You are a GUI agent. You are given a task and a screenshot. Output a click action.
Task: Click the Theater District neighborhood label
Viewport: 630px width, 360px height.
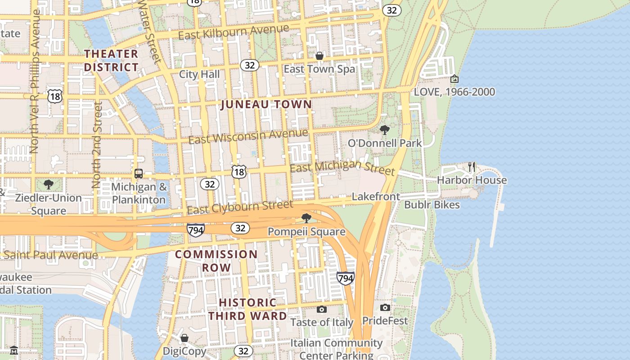[111, 60]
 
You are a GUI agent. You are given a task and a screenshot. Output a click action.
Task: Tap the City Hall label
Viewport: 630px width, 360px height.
[199, 74]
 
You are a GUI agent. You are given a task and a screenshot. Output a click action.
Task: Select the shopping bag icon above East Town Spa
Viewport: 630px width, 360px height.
[319, 56]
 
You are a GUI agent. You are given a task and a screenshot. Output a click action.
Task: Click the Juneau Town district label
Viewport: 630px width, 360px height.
[266, 104]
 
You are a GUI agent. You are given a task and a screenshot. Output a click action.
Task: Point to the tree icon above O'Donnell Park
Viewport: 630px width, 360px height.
[385, 130]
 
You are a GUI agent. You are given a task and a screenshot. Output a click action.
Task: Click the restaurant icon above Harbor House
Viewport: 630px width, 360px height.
[472, 167]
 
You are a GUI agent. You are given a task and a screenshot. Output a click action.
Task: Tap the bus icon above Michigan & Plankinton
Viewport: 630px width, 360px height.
[139, 174]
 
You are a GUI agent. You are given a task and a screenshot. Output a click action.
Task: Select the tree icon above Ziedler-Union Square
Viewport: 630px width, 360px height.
[48, 184]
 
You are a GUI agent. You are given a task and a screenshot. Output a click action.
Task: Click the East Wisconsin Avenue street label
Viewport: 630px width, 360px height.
[248, 136]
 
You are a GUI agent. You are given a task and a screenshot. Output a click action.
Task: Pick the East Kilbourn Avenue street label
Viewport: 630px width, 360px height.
[234, 32]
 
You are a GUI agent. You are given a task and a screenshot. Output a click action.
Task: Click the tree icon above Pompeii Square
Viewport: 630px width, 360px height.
[306, 218]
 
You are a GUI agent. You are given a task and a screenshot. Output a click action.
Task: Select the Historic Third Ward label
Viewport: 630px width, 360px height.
[247, 309]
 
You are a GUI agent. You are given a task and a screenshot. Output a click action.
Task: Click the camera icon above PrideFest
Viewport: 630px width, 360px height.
[385, 307]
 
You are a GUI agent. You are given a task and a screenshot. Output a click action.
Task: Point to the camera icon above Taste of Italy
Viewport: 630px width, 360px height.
[321, 309]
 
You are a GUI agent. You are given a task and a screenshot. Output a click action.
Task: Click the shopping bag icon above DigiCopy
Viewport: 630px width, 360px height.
[184, 338]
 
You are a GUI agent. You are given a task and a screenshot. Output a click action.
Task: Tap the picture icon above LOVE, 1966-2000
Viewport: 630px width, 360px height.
[454, 79]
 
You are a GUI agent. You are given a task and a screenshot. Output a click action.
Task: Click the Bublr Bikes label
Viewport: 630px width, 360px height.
[432, 205]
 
